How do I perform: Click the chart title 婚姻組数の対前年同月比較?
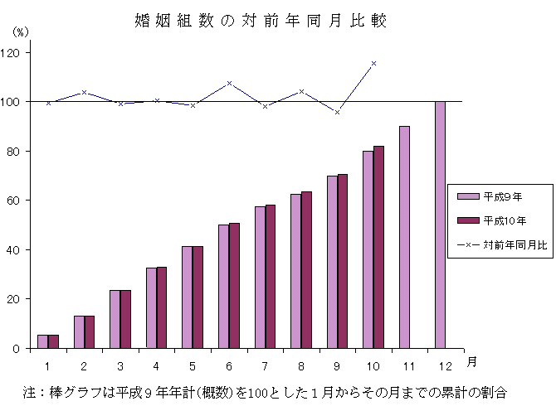tap(260, 20)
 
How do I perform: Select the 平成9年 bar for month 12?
tap(440, 225)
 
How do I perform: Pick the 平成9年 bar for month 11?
tap(404, 237)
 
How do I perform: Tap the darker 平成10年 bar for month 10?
tap(378, 247)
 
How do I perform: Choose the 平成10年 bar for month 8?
tap(306, 269)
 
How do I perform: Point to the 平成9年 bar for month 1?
tap(42, 341)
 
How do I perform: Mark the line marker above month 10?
tap(373, 63)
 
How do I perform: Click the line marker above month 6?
tap(229, 83)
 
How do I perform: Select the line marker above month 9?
tap(337, 112)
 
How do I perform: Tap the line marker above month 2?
tap(85, 92)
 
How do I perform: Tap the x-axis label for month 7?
tap(265, 365)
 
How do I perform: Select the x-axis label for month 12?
tap(446, 365)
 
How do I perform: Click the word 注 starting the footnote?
tap(29, 391)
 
